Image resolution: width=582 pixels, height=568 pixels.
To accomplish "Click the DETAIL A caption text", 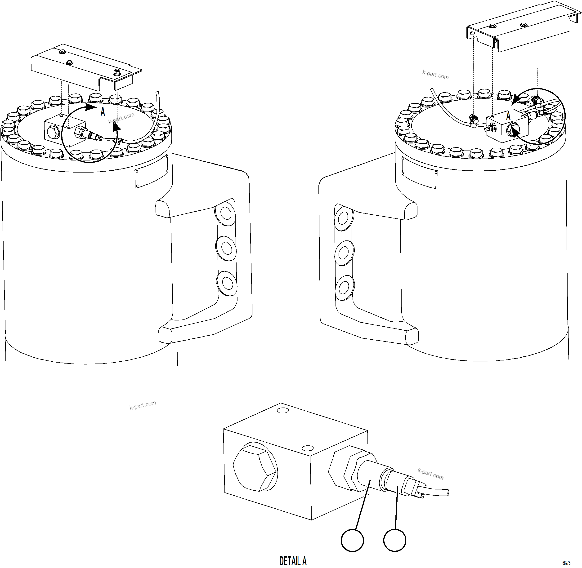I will [293, 561].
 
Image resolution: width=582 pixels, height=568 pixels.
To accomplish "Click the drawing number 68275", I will [566, 563].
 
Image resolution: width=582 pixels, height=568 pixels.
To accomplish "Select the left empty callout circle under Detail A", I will [353, 540].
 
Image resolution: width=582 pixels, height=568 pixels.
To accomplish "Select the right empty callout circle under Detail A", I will [394, 540].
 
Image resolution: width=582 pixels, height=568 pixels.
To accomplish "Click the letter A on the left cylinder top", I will [103, 112].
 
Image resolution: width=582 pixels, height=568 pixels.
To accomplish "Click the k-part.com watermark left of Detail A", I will [143, 405].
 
